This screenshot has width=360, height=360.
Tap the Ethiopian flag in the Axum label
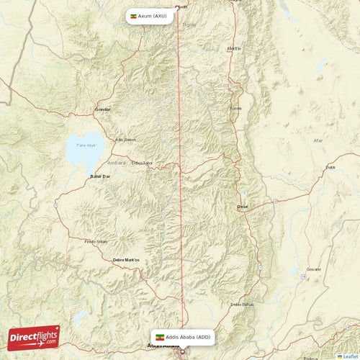(132, 15)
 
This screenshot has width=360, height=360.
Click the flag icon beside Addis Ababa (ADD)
(159, 336)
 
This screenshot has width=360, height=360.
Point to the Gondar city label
(104, 110)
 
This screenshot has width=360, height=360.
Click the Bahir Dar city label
(99, 176)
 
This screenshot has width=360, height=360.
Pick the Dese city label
(243, 207)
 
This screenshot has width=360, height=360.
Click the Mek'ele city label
(234, 48)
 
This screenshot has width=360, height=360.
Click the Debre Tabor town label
(142, 163)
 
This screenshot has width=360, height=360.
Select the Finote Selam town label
(96, 241)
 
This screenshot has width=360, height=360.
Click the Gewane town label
(314, 269)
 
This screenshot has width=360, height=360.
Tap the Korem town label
(235, 108)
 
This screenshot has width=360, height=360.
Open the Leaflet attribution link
(348, 356)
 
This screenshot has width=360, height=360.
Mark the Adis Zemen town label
(125, 139)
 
